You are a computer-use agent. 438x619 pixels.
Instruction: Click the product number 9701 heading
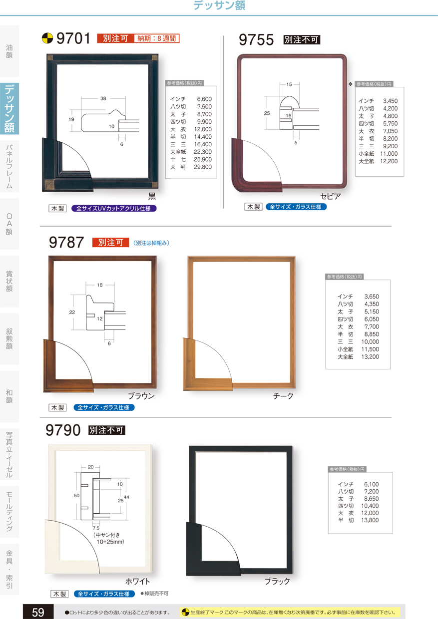click(73, 38)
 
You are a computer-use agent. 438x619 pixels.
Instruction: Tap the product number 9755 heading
click(256, 39)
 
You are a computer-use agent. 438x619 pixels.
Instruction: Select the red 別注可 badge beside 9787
click(110, 242)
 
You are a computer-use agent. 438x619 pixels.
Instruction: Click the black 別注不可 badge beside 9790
click(107, 430)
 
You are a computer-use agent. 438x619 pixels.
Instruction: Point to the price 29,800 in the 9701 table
click(203, 167)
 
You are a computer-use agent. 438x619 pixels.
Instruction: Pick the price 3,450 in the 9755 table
click(390, 101)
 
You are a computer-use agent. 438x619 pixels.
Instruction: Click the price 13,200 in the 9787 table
click(370, 357)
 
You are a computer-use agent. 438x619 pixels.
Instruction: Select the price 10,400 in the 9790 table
click(370, 506)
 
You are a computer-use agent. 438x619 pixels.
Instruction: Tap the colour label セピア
click(331, 196)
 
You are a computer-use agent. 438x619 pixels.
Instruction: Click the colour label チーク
click(283, 396)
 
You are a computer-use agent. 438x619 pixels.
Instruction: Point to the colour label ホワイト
click(137, 581)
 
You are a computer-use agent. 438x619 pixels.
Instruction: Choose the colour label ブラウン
click(141, 396)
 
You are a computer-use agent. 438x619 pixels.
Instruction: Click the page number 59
click(38, 613)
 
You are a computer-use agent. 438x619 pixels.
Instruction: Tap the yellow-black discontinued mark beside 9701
click(47, 38)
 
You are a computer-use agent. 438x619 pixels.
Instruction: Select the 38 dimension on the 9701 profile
click(103, 98)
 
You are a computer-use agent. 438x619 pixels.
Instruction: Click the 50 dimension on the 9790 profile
click(76, 496)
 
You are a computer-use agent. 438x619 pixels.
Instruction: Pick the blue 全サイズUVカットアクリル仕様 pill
click(114, 208)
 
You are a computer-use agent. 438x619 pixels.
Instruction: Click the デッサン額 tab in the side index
click(9, 109)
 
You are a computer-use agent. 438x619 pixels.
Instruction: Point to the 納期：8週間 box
click(156, 38)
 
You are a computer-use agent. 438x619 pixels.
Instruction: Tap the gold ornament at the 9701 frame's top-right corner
click(154, 58)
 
